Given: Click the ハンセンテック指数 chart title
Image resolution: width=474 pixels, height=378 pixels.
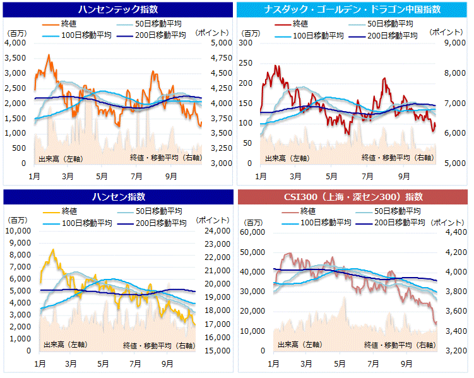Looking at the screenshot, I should tap(118, 9).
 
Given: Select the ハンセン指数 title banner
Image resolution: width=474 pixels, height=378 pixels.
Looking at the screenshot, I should tap(118, 197).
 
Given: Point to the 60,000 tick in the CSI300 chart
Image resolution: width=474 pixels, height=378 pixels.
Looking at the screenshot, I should tap(252, 233).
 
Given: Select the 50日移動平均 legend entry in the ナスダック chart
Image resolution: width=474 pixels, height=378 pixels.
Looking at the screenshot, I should tap(392, 24).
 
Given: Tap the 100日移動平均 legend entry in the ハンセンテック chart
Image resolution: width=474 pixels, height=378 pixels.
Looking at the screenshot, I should tap(86, 35).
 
